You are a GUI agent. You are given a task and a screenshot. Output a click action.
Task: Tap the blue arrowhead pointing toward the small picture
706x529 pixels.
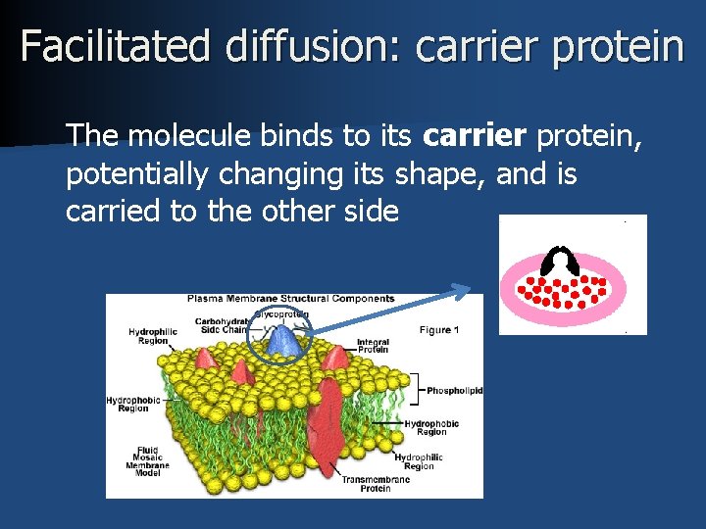point(460,289)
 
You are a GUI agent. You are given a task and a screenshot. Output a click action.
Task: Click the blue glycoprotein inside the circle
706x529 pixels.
point(282,341)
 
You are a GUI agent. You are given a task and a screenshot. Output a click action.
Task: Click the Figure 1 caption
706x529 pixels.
point(439,330)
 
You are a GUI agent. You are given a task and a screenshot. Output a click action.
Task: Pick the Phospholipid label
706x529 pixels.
point(454,391)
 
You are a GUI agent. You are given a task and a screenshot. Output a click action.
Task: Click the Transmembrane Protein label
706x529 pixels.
point(368,483)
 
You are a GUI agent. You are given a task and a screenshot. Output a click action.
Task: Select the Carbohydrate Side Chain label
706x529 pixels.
point(222,325)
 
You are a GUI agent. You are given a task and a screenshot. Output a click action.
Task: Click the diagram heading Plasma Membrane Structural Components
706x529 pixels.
point(291,299)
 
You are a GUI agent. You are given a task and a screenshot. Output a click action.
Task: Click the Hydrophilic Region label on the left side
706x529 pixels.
point(153,337)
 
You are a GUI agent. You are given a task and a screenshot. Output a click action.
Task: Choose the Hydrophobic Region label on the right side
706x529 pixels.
point(431,428)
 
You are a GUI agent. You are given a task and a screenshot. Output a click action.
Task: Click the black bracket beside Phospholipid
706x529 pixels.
point(419,389)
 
